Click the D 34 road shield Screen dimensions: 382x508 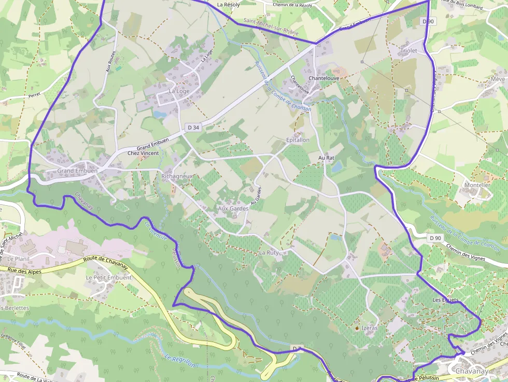(x=193, y=127)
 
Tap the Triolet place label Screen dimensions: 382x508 (x=408, y=51)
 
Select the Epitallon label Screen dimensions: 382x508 (x=298, y=140)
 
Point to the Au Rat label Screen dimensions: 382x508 (x=326, y=157)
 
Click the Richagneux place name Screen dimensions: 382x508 (x=177, y=176)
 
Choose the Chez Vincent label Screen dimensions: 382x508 (x=143, y=153)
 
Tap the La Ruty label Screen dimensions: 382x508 (x=269, y=252)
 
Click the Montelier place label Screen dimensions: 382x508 (x=477, y=185)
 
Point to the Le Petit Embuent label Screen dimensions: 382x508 (x=109, y=277)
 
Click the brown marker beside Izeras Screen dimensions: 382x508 (x=357, y=328)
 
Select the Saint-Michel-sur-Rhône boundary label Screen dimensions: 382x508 (x=271, y=27)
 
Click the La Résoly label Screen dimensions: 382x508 (x=229, y=5)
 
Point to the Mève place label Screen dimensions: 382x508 (x=498, y=79)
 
